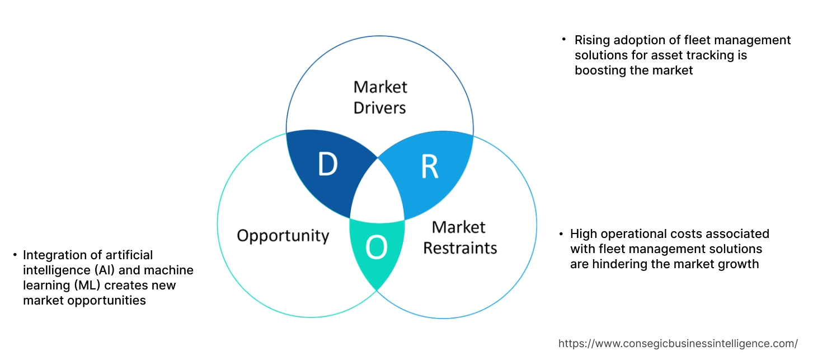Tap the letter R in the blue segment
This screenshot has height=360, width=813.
[429, 167]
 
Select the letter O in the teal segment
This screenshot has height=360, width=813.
[376, 247]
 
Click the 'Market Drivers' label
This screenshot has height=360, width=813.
[380, 97]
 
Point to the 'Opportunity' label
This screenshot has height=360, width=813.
[283, 235]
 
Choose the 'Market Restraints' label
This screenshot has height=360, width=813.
[459, 237]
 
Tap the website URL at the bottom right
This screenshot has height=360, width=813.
[678, 343]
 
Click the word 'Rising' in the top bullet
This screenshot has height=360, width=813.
[593, 40]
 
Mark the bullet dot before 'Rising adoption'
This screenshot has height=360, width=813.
[564, 40]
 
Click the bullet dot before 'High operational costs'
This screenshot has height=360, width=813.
[561, 233]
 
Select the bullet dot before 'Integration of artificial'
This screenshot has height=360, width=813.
[15, 255]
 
